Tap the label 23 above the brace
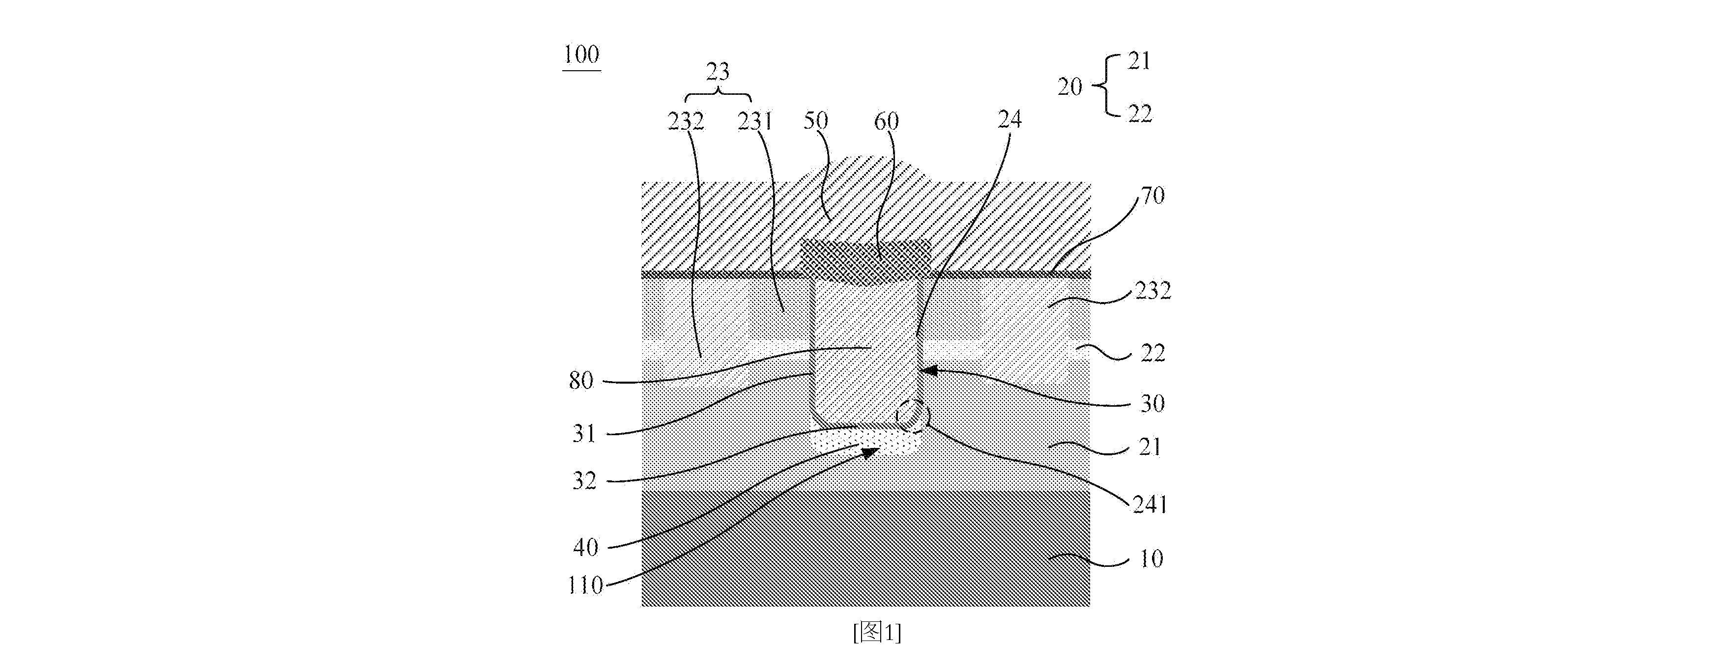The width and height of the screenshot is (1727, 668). pyautogui.click(x=718, y=72)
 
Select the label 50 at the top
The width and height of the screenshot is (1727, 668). pyautogui.click(x=816, y=121)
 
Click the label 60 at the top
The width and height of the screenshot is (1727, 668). pyautogui.click(x=886, y=121)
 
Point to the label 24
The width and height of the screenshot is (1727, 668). pyautogui.click(x=1009, y=119)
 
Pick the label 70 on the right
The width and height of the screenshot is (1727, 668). pyautogui.click(x=1153, y=195)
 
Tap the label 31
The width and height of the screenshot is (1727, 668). pyautogui.click(x=584, y=434)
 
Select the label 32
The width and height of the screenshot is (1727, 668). pyautogui.click(x=584, y=480)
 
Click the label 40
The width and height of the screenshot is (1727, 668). pyautogui.click(x=585, y=547)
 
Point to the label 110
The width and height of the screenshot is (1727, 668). pyautogui.click(x=585, y=585)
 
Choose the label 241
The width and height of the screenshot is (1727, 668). pyautogui.click(x=1150, y=504)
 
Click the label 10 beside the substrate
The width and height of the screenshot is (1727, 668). pyautogui.click(x=1151, y=559)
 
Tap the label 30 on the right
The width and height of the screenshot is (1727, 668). pyautogui.click(x=1152, y=403)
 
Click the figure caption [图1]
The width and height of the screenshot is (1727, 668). pyautogui.click(x=877, y=632)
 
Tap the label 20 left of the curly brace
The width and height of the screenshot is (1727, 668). pyautogui.click(x=1070, y=87)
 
